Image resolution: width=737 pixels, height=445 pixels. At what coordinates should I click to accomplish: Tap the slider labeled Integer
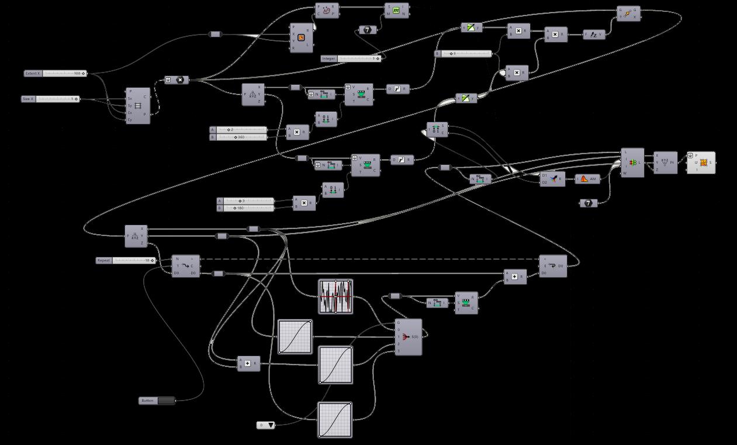351,58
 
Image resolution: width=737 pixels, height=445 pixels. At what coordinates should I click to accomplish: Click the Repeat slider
126,260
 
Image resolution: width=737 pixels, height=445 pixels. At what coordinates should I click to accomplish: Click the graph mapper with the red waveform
335,296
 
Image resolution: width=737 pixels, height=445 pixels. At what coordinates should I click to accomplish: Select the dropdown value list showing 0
266,425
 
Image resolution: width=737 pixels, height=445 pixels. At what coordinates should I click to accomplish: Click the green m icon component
396,11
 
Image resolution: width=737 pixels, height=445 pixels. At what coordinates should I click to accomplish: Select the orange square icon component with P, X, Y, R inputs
302,38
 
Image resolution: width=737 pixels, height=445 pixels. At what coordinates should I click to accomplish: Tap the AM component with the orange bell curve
588,179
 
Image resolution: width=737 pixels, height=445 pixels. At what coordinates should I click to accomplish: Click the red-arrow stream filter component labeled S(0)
409,337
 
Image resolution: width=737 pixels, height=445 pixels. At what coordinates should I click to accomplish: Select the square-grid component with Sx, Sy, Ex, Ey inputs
138,106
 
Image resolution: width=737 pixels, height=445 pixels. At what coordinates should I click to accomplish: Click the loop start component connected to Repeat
185,266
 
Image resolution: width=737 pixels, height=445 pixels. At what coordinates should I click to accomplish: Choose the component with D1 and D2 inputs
553,179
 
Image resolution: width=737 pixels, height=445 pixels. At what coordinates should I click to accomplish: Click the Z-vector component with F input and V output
594,35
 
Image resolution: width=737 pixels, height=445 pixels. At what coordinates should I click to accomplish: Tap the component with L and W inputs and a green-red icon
632,163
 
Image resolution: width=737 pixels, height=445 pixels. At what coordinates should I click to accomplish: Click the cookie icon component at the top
327,10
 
